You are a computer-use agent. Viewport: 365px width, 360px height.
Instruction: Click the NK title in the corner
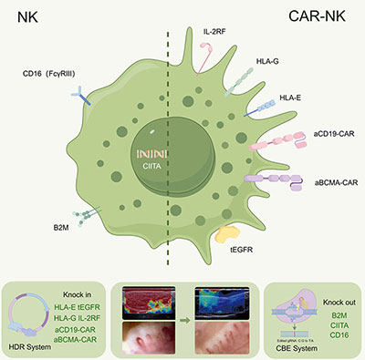[26, 17]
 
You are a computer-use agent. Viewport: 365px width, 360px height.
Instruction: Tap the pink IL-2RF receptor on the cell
[209, 62]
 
